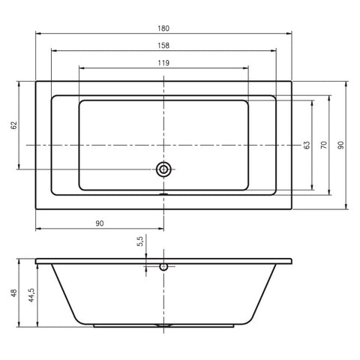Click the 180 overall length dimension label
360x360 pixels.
pos(163,28)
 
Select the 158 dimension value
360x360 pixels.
pos(163,46)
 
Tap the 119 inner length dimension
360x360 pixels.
pos(163,63)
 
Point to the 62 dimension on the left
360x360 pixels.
pos(14,125)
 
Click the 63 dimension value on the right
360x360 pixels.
pos(307,145)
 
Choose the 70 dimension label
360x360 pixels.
pos(324,145)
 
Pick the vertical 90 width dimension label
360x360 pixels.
pos(340,145)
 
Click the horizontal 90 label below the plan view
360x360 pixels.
pos(100,223)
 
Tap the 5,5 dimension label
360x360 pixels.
pos(140,241)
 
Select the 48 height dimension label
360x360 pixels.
pos(14,293)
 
